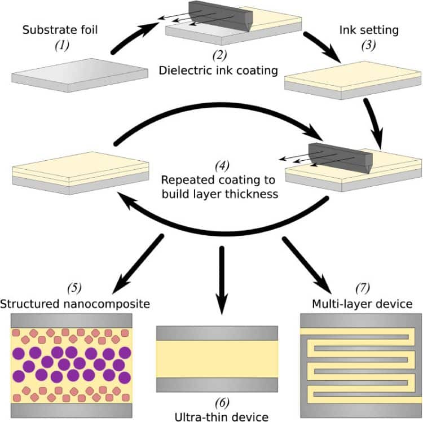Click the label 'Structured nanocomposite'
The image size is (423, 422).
click(75, 305)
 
